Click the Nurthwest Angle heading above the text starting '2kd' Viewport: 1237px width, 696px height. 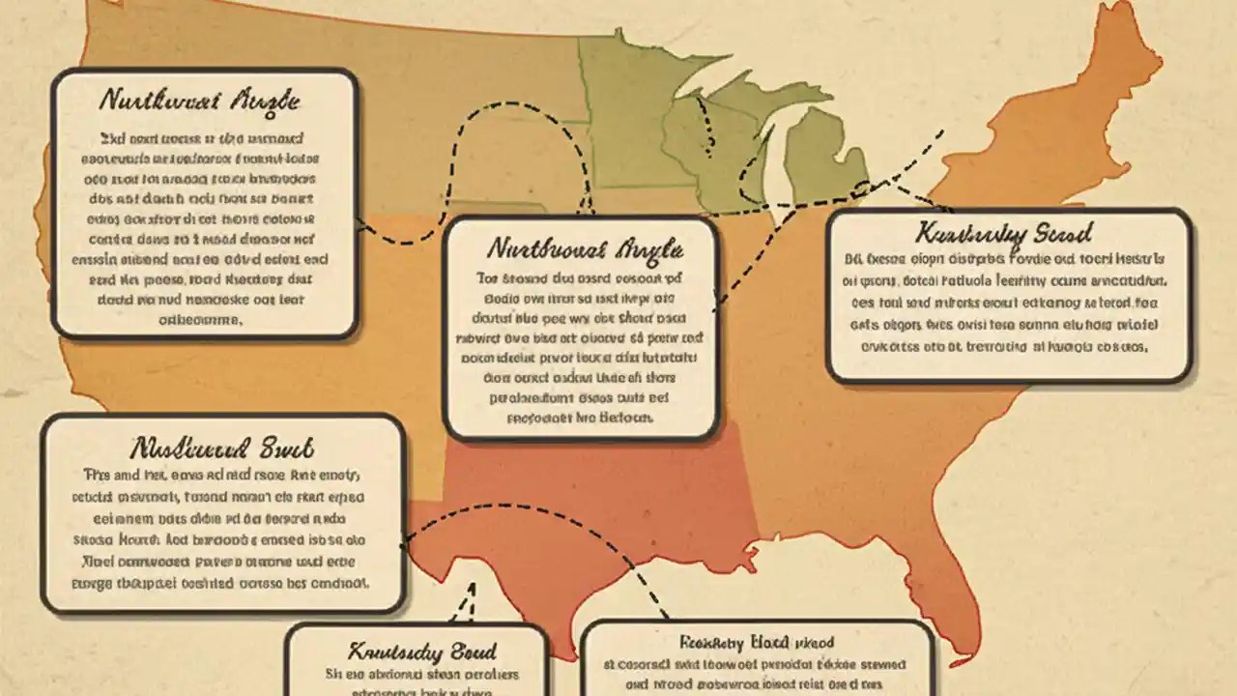(200, 100)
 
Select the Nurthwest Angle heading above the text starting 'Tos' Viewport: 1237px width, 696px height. (586, 249)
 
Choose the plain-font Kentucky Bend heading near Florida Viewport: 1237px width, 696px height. (757, 642)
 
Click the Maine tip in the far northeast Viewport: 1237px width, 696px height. (1121, 39)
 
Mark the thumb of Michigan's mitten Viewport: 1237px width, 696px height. (855, 155)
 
